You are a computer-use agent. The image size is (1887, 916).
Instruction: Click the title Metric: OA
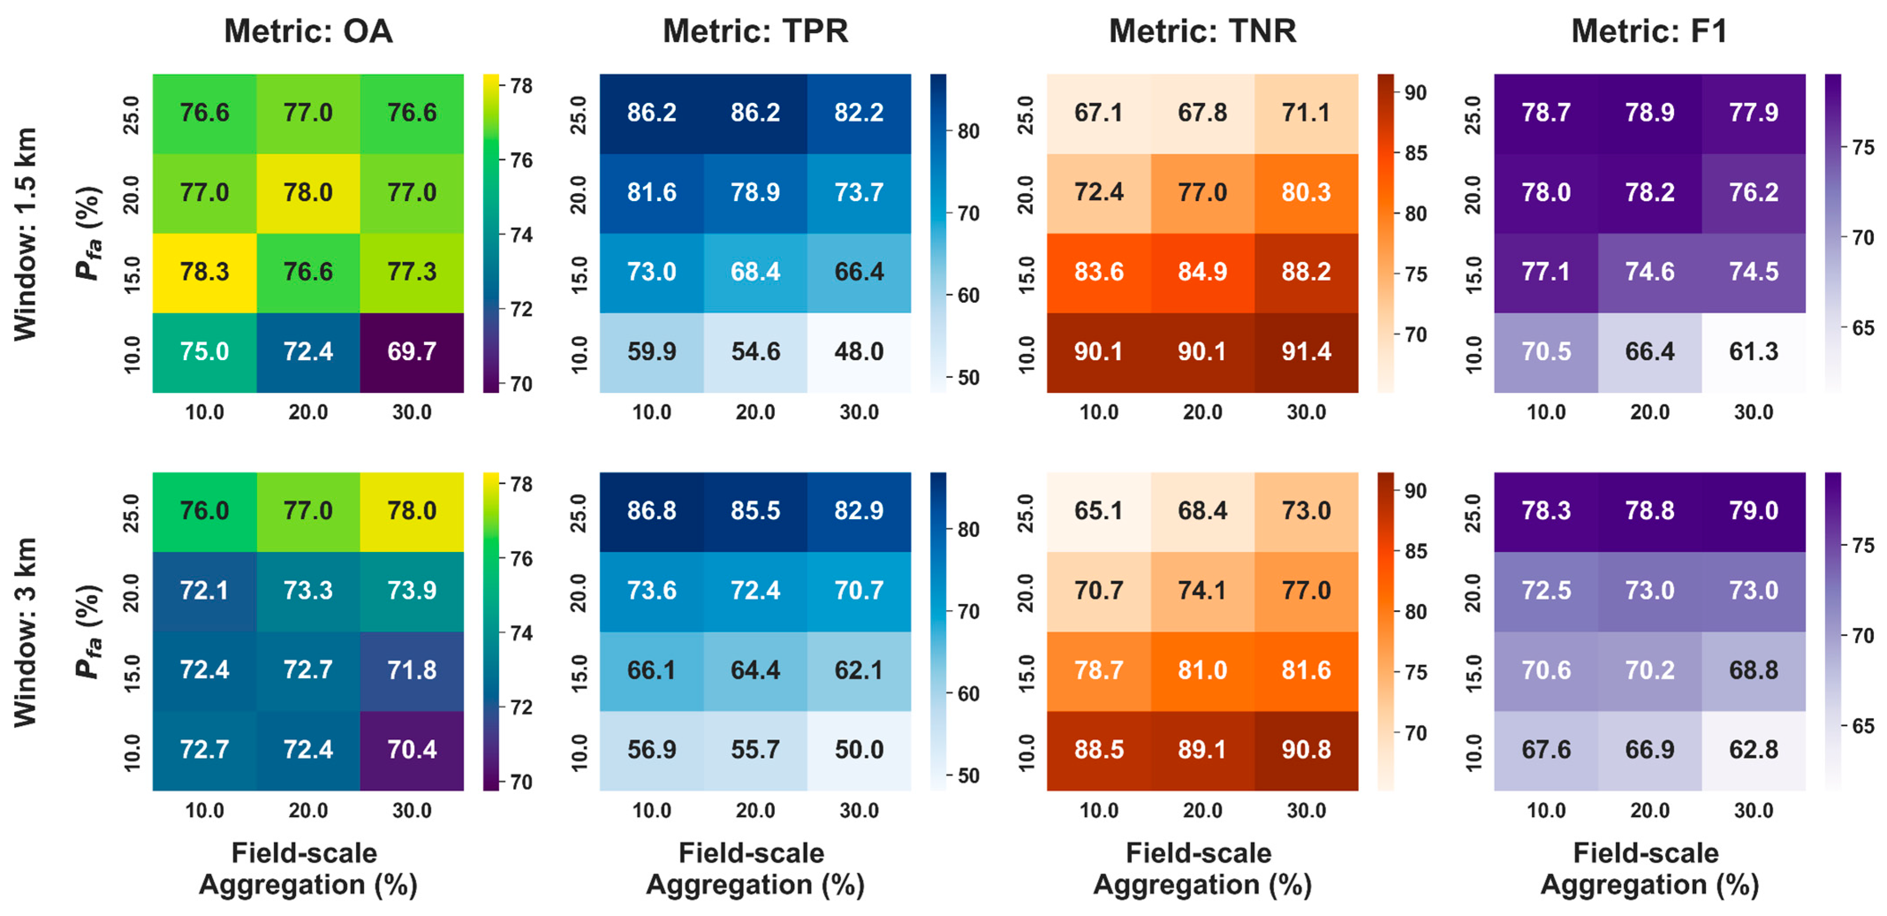(308, 31)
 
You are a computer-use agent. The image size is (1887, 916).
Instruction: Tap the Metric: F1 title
(1650, 31)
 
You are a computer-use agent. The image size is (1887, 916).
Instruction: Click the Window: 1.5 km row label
(26, 234)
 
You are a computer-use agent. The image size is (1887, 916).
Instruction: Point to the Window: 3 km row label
(26, 632)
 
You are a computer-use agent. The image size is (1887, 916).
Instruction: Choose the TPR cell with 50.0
(859, 750)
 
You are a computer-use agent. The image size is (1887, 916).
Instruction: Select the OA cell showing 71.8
(412, 670)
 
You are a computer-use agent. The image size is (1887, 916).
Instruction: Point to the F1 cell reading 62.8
(1754, 750)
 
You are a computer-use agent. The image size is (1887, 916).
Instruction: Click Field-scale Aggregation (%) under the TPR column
(755, 869)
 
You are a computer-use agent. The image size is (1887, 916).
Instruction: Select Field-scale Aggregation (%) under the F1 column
(1650, 869)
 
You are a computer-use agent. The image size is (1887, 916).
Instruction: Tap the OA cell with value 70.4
(412, 750)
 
